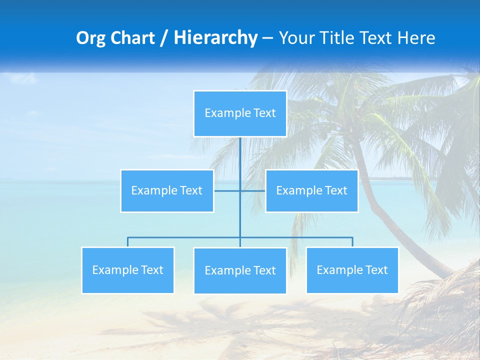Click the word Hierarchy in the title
215,38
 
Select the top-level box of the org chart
240,113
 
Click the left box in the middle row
167,191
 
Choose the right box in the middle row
311,191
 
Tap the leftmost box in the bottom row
127,270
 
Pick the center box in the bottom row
240,271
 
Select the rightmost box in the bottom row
352,270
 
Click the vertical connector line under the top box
240,160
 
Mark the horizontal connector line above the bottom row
185,237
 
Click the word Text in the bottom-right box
376,270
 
